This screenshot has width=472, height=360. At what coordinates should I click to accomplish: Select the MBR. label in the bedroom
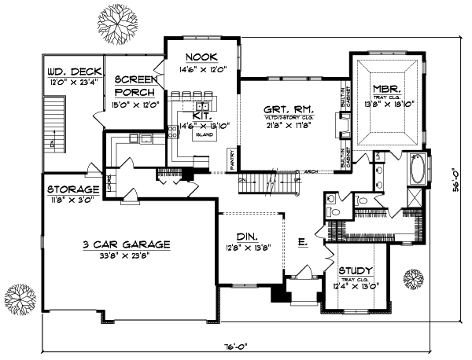pyautogui.click(x=388, y=89)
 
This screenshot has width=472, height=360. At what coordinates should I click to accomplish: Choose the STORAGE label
pyautogui.click(x=72, y=189)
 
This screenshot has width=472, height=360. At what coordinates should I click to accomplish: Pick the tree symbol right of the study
pyautogui.click(x=414, y=278)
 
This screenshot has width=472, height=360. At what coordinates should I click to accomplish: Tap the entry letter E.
pyautogui.click(x=302, y=243)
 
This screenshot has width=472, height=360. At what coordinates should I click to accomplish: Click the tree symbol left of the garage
pyautogui.click(x=17, y=299)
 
